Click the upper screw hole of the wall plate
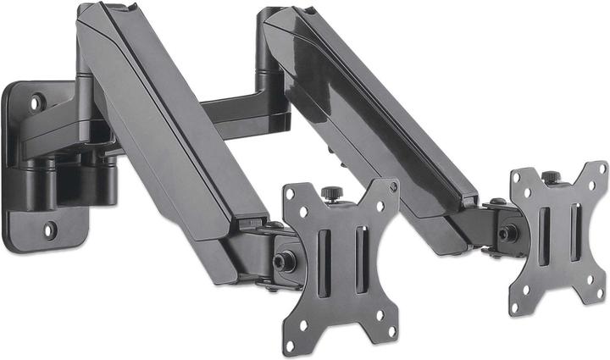(x=36, y=102)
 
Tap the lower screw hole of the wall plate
(x=50, y=229)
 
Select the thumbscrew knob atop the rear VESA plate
(x=551, y=177)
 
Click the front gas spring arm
(x=169, y=127)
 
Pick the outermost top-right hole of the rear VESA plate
(x=600, y=169)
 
